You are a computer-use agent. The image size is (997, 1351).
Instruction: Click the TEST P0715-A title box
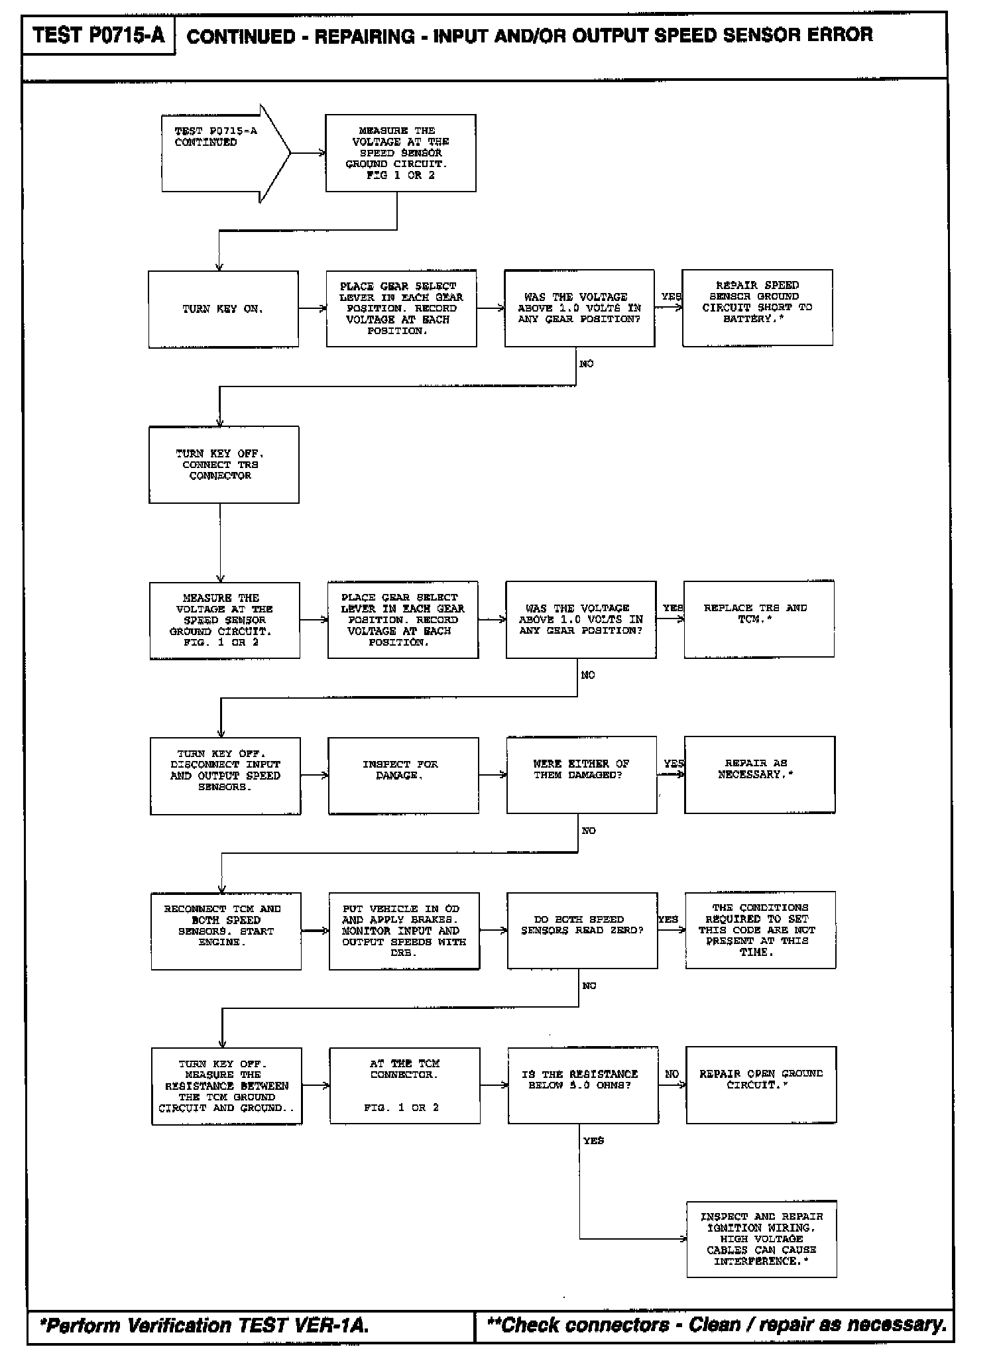click(x=98, y=35)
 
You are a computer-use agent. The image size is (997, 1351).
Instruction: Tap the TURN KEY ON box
click(x=223, y=309)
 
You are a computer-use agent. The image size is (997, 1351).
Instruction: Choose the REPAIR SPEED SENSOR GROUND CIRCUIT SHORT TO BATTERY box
click(x=757, y=308)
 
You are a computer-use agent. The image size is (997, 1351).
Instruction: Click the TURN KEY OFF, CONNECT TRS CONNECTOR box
click(x=223, y=465)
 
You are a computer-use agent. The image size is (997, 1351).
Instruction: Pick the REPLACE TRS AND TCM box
click(x=758, y=619)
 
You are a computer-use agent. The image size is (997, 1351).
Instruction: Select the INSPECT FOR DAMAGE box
click(x=403, y=775)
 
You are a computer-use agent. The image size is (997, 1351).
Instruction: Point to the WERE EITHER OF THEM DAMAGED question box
click(x=581, y=774)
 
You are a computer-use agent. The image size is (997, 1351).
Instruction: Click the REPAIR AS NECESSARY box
click(x=759, y=774)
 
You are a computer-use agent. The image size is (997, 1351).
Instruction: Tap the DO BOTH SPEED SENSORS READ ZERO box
click(x=582, y=930)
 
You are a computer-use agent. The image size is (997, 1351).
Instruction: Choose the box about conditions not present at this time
click(x=760, y=930)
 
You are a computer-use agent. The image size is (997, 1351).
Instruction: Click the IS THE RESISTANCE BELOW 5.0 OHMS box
click(x=583, y=1085)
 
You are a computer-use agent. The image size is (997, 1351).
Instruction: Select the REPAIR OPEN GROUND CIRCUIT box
click(x=760, y=1085)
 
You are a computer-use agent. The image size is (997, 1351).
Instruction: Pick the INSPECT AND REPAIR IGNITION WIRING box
click(x=761, y=1239)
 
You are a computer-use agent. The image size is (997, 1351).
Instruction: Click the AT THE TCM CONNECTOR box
click(x=404, y=1085)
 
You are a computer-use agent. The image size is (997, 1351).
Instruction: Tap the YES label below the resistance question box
click(x=593, y=1141)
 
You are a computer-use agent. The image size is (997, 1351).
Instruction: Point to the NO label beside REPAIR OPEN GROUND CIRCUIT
click(x=672, y=1074)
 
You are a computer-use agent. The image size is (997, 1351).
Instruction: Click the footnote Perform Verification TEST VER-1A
click(x=204, y=1325)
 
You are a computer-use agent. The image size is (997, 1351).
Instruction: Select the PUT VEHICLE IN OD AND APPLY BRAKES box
click(x=404, y=931)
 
